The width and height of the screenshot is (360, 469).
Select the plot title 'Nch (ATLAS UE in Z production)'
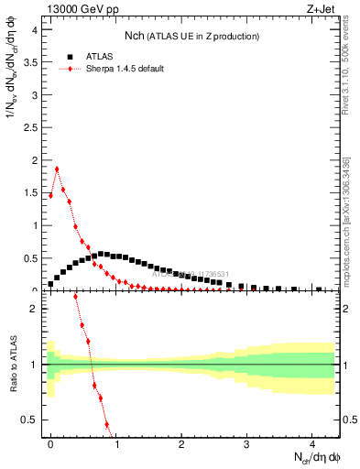[191, 36]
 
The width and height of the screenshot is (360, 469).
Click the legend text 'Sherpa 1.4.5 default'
[125, 69]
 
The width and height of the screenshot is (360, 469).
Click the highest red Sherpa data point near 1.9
[57, 169]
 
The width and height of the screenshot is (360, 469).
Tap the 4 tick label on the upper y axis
[33, 29]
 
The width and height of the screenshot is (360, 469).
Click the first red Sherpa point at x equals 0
[50, 195]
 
